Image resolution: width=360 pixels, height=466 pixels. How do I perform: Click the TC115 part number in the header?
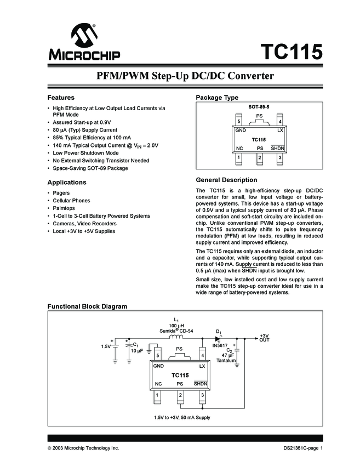(291, 53)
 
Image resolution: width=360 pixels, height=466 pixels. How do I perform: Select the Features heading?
(61, 97)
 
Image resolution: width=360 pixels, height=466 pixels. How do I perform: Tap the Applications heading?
(67, 182)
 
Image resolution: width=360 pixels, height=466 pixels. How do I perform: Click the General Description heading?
(226, 180)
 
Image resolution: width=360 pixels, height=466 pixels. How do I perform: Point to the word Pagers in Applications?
(61, 193)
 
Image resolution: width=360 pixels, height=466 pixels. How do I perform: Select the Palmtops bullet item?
(64, 208)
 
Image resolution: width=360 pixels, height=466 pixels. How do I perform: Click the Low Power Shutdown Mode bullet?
(85, 153)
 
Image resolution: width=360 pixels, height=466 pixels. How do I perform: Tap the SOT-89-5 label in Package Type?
(260, 106)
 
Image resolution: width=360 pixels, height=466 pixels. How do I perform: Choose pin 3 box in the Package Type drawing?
(280, 158)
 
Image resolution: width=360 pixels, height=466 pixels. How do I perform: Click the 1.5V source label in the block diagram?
(105, 346)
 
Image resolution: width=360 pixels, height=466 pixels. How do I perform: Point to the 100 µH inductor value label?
(176, 326)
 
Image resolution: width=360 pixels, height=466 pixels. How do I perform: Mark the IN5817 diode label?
(220, 345)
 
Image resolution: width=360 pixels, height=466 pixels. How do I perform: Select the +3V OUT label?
(265, 338)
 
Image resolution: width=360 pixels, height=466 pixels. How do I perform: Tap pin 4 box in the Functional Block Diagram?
(203, 356)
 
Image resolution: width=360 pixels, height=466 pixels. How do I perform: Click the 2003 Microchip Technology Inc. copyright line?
(83, 448)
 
